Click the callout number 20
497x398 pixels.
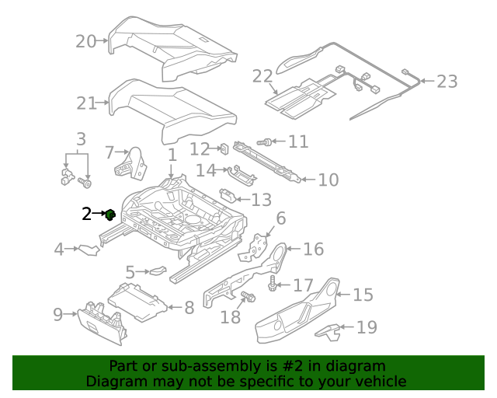click(x=85, y=41)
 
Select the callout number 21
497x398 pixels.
click(x=85, y=103)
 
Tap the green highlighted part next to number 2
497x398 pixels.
click(x=111, y=215)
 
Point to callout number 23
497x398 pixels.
click(x=447, y=82)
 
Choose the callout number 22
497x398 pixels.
click(x=262, y=76)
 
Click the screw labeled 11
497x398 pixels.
click(x=263, y=142)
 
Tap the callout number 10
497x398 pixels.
click(x=328, y=180)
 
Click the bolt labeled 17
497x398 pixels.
click(x=274, y=285)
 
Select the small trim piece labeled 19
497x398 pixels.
click(x=328, y=330)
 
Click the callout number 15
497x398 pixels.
click(x=363, y=295)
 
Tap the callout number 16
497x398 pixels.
click(x=313, y=250)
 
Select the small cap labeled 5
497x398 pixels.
click(x=158, y=271)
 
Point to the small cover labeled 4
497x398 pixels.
click(x=89, y=250)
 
